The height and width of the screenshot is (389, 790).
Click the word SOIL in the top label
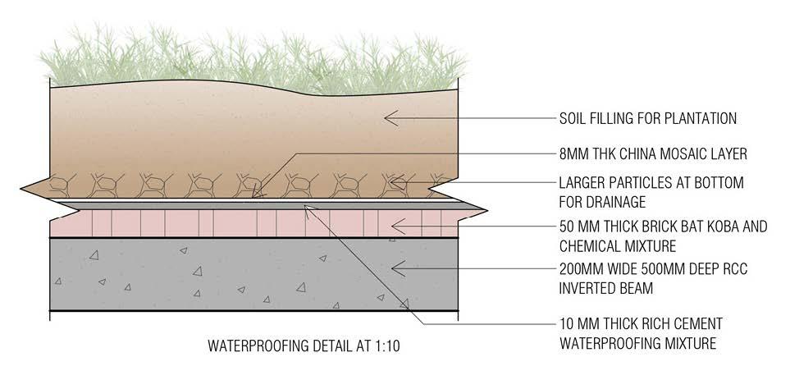[572, 119]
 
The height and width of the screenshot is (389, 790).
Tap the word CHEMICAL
[587, 245]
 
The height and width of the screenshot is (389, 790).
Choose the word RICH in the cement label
[658, 323]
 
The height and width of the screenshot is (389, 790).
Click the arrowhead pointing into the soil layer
[389, 119]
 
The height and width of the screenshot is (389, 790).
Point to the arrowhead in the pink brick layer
[396, 224]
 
